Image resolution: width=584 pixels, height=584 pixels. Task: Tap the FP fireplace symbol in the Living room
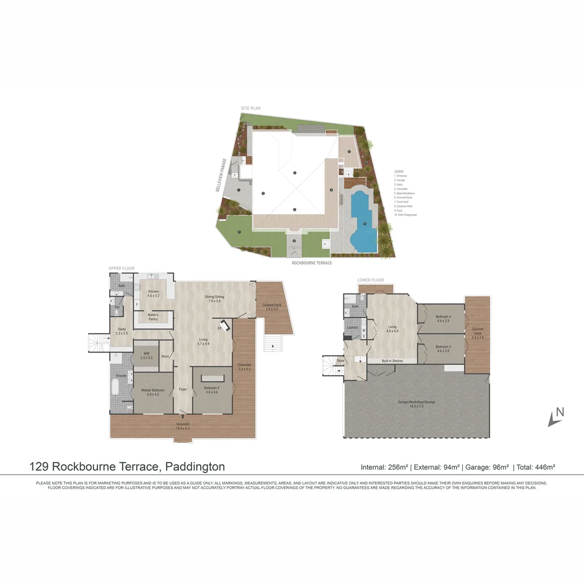pos(221,328)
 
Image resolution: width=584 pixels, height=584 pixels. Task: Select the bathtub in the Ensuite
pos(115,388)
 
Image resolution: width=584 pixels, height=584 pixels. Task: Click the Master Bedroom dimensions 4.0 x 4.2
pos(152,395)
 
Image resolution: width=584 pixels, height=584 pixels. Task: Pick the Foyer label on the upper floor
pos(182,389)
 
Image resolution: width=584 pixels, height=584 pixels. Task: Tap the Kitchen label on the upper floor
pos(154,291)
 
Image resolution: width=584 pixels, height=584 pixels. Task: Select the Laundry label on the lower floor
pos(353,327)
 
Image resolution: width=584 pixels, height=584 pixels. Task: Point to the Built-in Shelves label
pos(392,361)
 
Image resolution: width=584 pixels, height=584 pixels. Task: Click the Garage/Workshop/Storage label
pos(416,402)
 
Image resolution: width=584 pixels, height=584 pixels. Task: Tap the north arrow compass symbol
pos(555,416)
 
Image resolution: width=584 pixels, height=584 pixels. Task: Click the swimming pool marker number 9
pos(365,223)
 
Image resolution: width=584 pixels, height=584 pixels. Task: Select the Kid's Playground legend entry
pos(406,215)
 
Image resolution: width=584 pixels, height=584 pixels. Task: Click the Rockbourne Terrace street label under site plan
pos(311,263)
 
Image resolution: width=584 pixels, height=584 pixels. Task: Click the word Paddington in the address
pos(195,467)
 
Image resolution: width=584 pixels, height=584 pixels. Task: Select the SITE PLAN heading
pos(251,108)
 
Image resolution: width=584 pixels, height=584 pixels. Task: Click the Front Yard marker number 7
pos(239,232)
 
